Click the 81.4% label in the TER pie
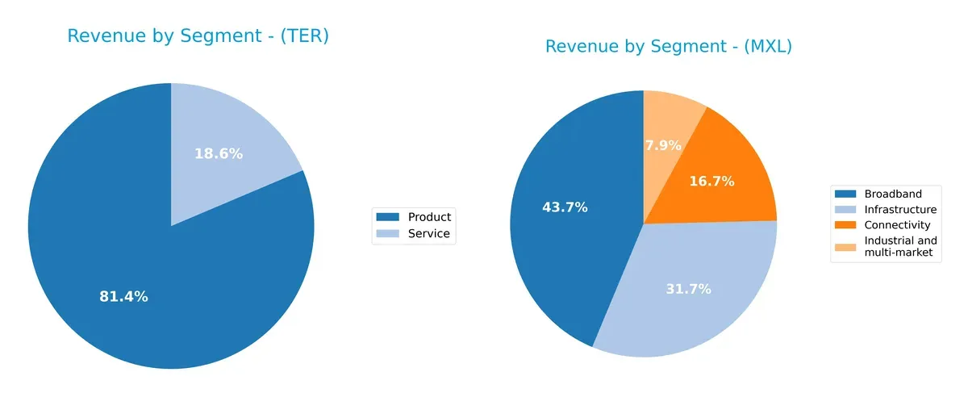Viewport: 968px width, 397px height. [x=123, y=297]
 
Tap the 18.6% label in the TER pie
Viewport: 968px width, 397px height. [x=219, y=153]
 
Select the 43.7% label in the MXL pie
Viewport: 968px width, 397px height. [x=565, y=207]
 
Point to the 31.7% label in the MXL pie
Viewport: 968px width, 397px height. [x=688, y=289]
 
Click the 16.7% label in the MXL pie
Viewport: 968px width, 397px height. [x=711, y=182]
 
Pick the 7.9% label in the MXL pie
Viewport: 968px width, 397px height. [x=663, y=146]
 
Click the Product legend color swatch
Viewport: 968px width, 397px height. [x=389, y=217]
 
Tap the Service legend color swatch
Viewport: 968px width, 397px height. [x=389, y=234]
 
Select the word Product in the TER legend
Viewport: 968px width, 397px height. [x=429, y=217]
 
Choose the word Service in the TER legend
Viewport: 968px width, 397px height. [x=428, y=234]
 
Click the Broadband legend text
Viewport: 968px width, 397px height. [x=892, y=194]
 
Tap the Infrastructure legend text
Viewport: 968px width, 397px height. [x=900, y=209]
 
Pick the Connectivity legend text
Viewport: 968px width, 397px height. [x=897, y=225]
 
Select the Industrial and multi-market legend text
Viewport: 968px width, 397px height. [x=900, y=247]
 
